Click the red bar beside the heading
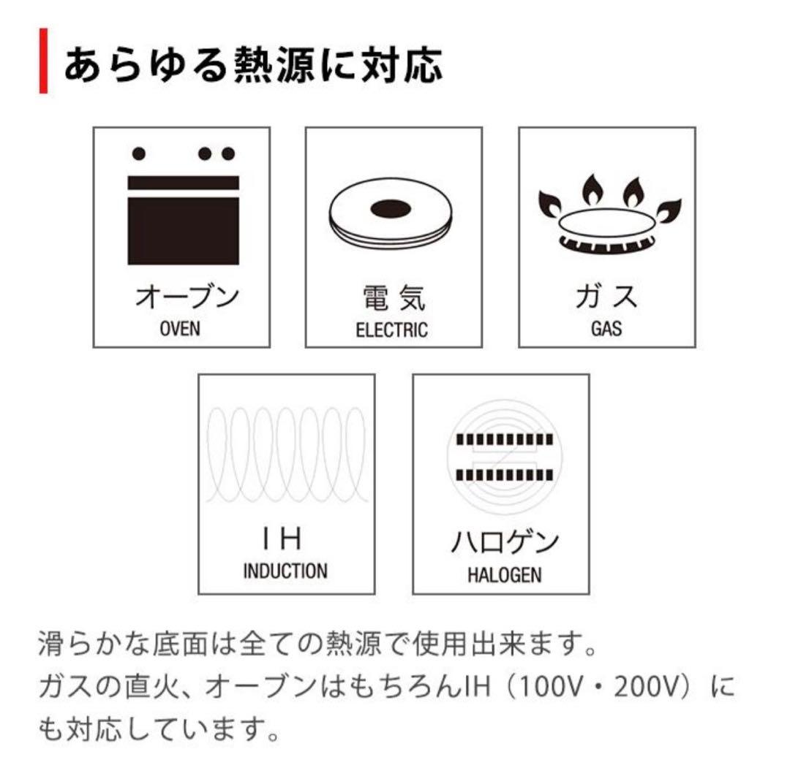tap(43, 61)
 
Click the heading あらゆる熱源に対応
tap(253, 64)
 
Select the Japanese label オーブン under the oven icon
tap(187, 298)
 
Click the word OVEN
tap(180, 329)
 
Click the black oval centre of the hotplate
tap(393, 209)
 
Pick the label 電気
tap(394, 299)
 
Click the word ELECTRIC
tap(392, 330)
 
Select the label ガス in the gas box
tap(606, 298)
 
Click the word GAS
tap(606, 329)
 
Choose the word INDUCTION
tap(285, 570)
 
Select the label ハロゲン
tap(504, 543)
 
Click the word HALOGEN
tap(505, 574)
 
